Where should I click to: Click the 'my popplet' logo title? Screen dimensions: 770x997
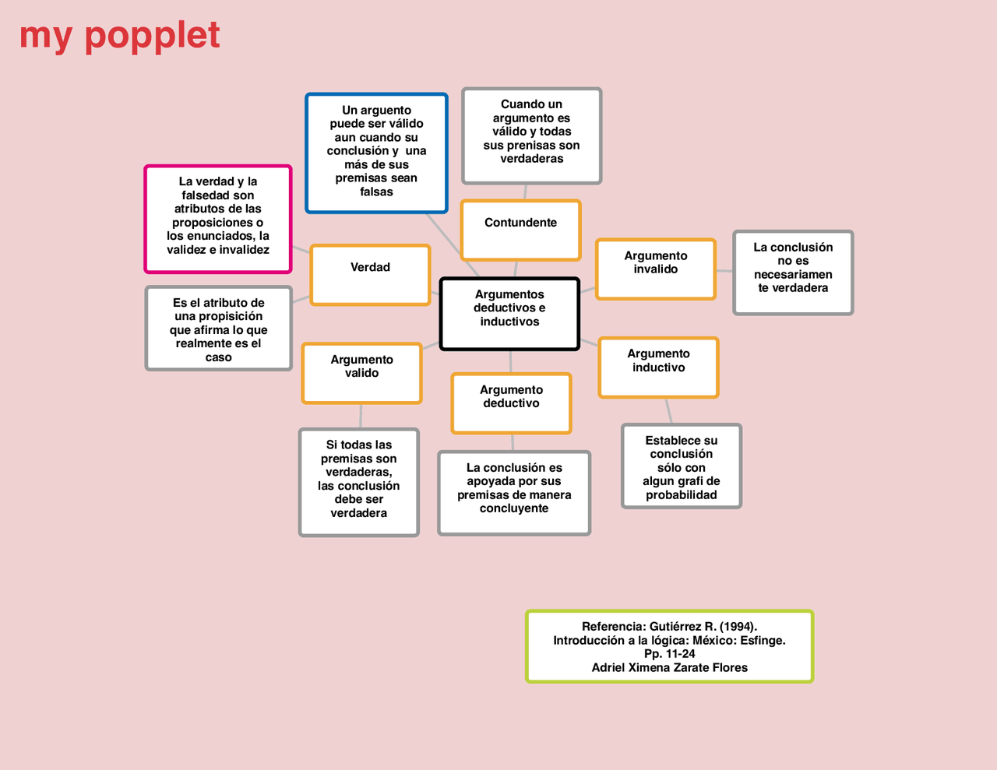(x=120, y=36)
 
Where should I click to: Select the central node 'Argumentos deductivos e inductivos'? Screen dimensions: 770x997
(x=509, y=314)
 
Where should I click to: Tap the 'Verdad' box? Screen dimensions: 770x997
(x=370, y=275)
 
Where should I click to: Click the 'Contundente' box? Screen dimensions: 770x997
(x=520, y=230)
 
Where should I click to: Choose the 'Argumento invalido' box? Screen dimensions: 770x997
(x=655, y=269)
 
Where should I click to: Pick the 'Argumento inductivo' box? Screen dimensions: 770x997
(x=658, y=367)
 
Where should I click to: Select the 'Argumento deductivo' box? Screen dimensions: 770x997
(x=511, y=403)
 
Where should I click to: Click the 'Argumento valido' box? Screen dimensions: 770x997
(x=361, y=373)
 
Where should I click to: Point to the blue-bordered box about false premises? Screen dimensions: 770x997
(x=376, y=153)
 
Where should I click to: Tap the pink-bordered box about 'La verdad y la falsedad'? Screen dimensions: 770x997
(x=218, y=219)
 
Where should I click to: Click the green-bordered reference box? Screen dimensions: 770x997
(x=669, y=646)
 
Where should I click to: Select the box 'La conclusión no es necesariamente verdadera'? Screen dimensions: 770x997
(x=793, y=272)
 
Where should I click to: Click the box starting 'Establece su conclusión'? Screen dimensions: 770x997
(x=681, y=466)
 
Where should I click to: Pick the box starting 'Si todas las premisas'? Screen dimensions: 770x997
(x=359, y=482)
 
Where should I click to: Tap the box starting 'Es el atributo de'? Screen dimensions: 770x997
(x=219, y=329)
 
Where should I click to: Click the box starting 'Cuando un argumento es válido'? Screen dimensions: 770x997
(x=531, y=135)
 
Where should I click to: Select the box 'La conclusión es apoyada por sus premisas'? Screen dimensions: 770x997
(x=514, y=493)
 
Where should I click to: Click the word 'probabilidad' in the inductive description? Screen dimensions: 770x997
(x=681, y=495)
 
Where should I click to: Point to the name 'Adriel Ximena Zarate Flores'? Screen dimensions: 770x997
(x=669, y=668)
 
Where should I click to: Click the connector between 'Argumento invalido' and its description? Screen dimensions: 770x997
(x=724, y=271)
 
